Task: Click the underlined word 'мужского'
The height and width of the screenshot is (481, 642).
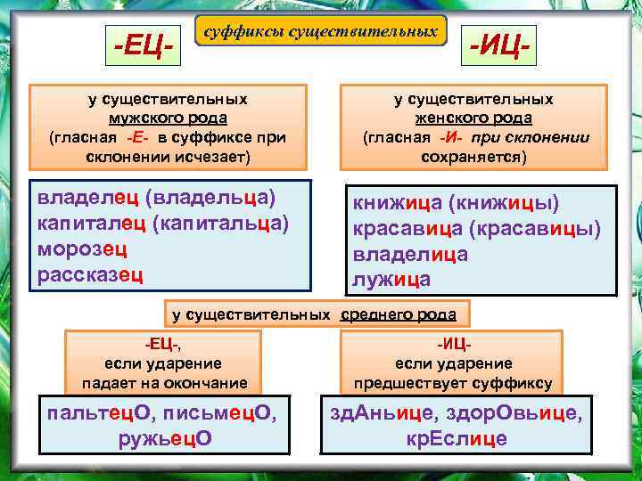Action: (x=140, y=118)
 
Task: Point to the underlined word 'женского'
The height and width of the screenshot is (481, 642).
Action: (x=450, y=118)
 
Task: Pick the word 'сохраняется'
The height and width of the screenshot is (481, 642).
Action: (x=473, y=156)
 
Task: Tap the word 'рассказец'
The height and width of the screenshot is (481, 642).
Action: (x=90, y=273)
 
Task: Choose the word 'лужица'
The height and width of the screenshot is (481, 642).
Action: (x=391, y=280)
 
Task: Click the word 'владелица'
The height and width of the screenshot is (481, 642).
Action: (x=410, y=255)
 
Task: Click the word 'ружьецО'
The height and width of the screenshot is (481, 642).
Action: (x=165, y=438)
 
